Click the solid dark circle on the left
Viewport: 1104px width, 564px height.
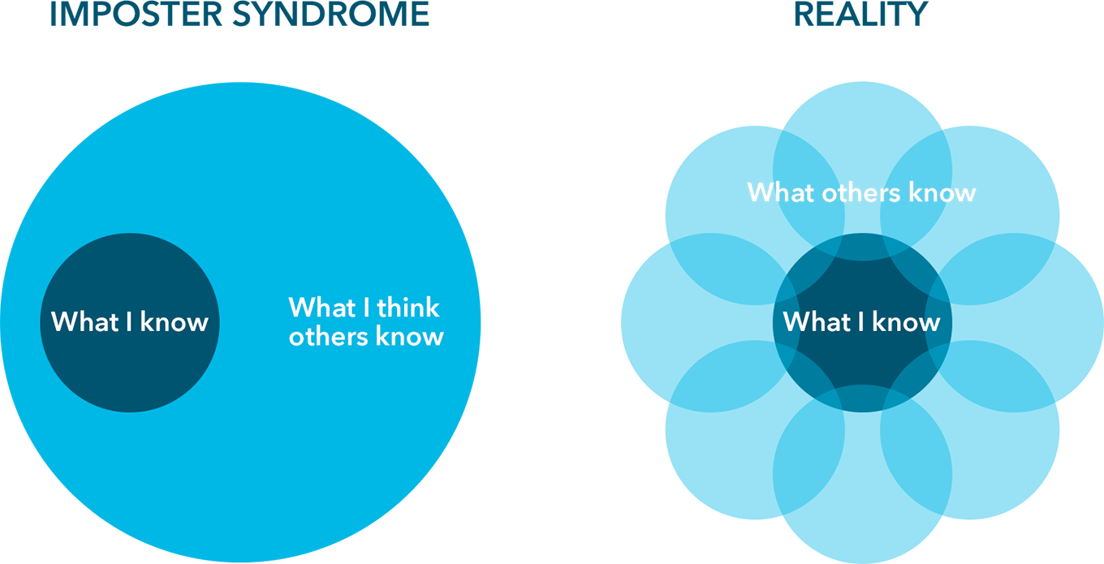[130, 365]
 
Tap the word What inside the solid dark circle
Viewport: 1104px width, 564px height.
[85, 322]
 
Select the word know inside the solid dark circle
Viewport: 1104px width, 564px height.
[174, 322]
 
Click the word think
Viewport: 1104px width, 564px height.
[408, 308]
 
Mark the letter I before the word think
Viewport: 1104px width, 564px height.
[367, 308]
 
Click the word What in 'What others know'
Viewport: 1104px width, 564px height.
[781, 193]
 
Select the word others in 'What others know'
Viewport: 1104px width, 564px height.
[859, 193]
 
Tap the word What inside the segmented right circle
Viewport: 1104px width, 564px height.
[817, 322]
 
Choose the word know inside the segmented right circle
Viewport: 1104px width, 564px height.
[906, 322]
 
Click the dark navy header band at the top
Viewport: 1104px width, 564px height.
[552, 41]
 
